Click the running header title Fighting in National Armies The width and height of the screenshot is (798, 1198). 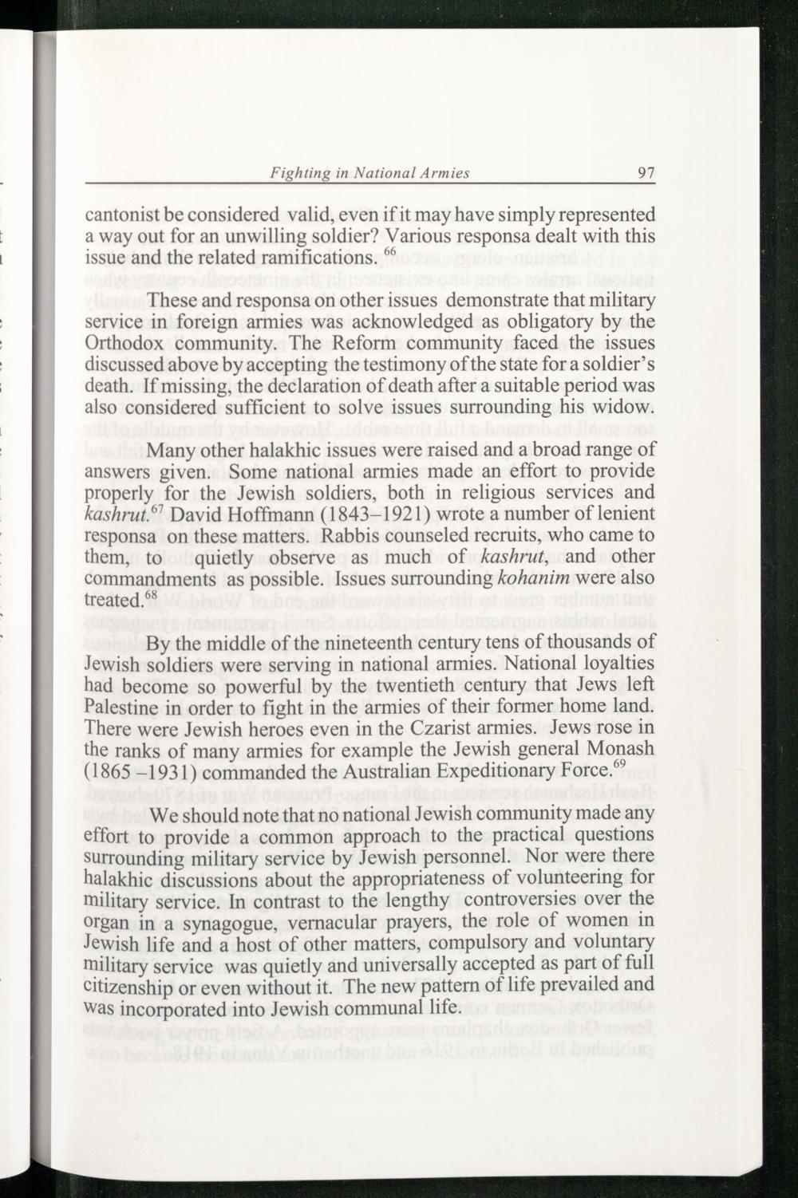point(369,172)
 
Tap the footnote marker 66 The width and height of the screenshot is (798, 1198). point(389,253)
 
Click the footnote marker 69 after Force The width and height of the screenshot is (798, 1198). point(618,766)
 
